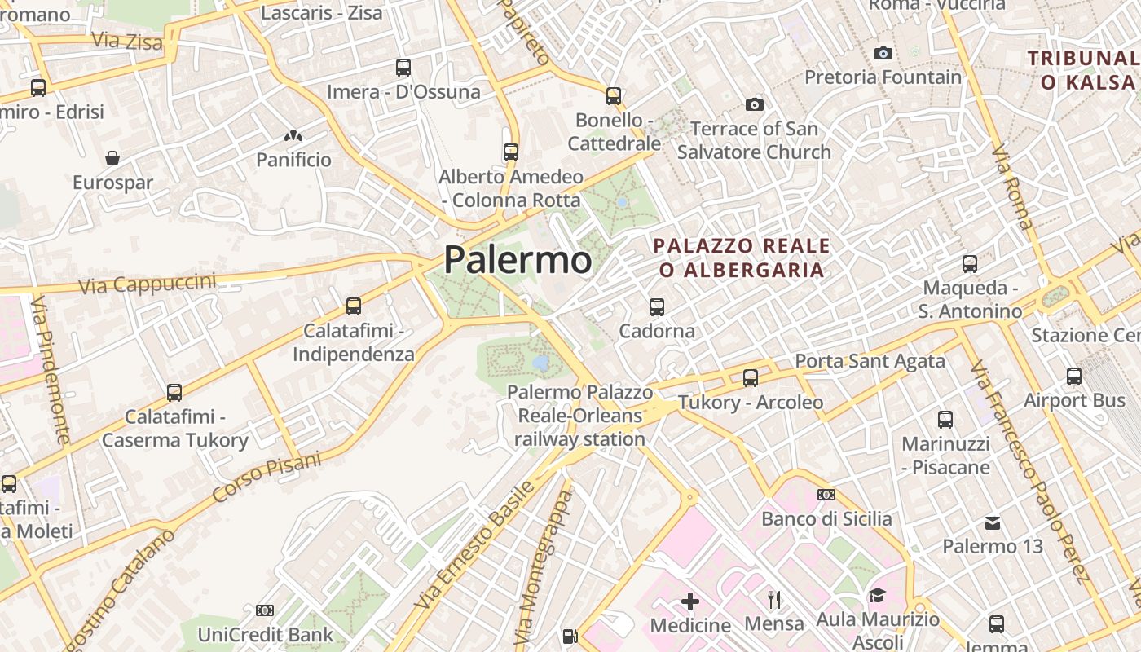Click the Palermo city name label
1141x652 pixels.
click(x=518, y=260)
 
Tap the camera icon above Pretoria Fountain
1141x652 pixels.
click(x=883, y=54)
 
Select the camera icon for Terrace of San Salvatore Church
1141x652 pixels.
click(x=755, y=104)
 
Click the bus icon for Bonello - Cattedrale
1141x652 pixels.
click(x=614, y=96)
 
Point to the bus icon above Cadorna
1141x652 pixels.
click(x=657, y=307)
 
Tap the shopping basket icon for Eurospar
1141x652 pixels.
click(x=112, y=157)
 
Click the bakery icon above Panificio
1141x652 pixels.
click(x=293, y=136)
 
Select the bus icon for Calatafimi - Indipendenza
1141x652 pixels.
click(x=354, y=306)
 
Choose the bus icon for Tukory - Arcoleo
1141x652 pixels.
click(x=751, y=378)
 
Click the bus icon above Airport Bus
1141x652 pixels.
click(x=1074, y=377)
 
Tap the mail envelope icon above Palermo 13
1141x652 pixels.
click(x=993, y=522)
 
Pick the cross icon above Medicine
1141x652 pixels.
click(x=690, y=601)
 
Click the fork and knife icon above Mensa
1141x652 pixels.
click(x=774, y=600)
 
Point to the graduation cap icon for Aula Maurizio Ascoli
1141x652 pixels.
click(x=877, y=596)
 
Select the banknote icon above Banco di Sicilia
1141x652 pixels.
click(x=826, y=495)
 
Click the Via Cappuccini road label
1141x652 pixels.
click(x=148, y=284)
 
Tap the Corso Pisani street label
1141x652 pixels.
click(x=267, y=477)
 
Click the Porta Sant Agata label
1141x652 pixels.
click(x=870, y=360)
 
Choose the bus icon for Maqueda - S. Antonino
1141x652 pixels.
click(x=970, y=264)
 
